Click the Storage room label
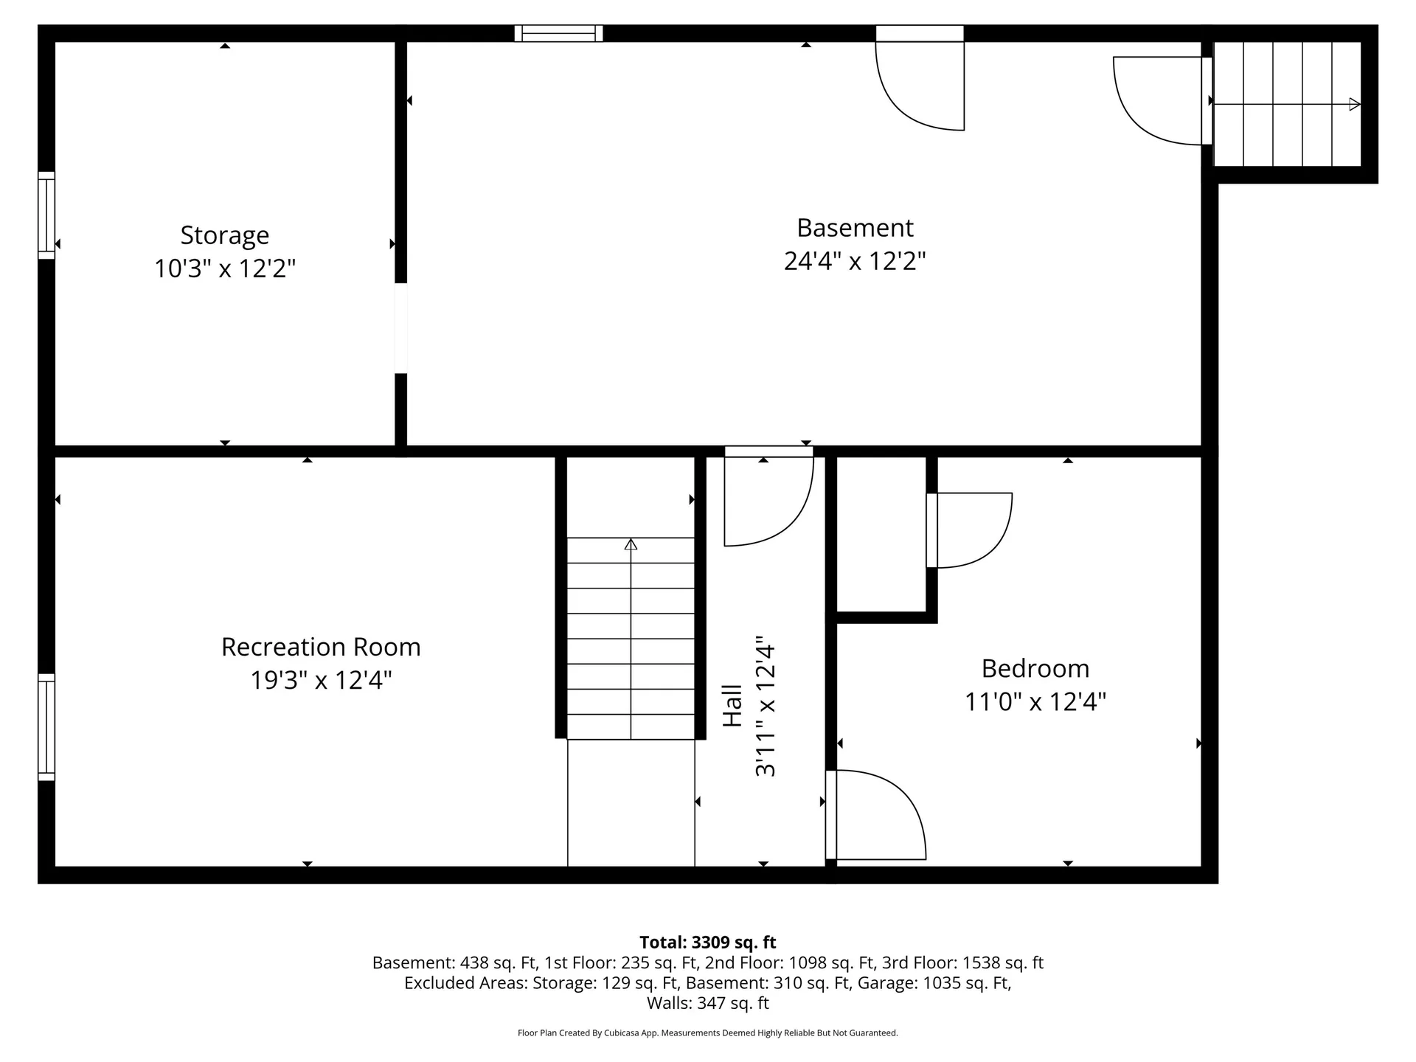224,235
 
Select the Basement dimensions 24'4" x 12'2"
854,261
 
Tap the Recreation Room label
321,647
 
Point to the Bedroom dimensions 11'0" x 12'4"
1035,701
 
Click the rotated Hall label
732,706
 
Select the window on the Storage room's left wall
46,215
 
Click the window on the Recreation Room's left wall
46,726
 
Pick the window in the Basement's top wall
558,33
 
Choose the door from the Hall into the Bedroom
878,815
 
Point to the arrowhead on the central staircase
631,544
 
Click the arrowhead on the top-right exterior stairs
1354,104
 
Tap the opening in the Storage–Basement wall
400,328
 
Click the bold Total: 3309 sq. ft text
707,942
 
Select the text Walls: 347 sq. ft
707,1003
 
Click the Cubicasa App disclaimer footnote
707,1033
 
